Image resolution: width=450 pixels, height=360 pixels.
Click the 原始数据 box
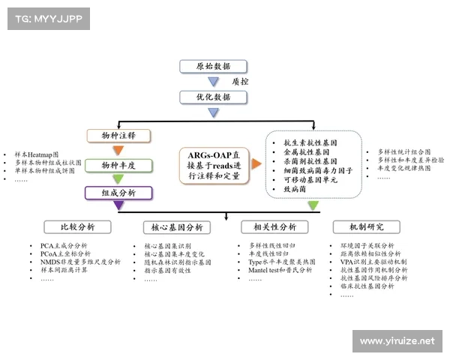pos(213,66)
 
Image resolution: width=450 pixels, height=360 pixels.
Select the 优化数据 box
pos(213,97)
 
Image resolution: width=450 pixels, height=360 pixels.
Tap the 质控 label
pos(240,81)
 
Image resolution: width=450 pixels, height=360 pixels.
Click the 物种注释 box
pos(118,136)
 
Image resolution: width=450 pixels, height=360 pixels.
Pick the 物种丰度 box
pos(118,165)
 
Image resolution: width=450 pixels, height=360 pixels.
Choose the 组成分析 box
pos(118,193)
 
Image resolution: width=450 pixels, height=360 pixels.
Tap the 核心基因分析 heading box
pos(177,227)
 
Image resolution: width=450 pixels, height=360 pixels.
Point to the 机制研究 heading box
pos(367,227)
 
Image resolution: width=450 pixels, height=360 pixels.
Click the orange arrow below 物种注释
pos(118,150)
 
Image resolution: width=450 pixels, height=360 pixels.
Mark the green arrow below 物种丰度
pos(118,179)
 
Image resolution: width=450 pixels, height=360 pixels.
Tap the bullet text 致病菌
pos(295,190)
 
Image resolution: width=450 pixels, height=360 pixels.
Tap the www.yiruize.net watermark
pos(397,341)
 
